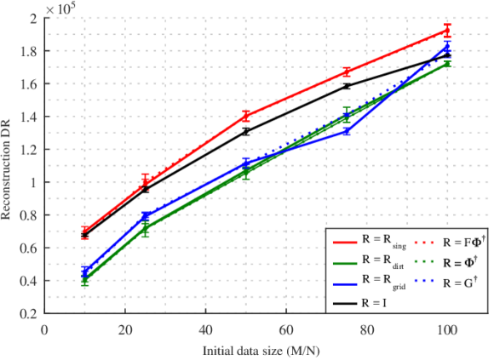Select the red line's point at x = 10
pos(84,232)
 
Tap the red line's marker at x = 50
pos(245,117)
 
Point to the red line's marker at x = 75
pos(346,72)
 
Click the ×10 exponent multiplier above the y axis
pos(58,7)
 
